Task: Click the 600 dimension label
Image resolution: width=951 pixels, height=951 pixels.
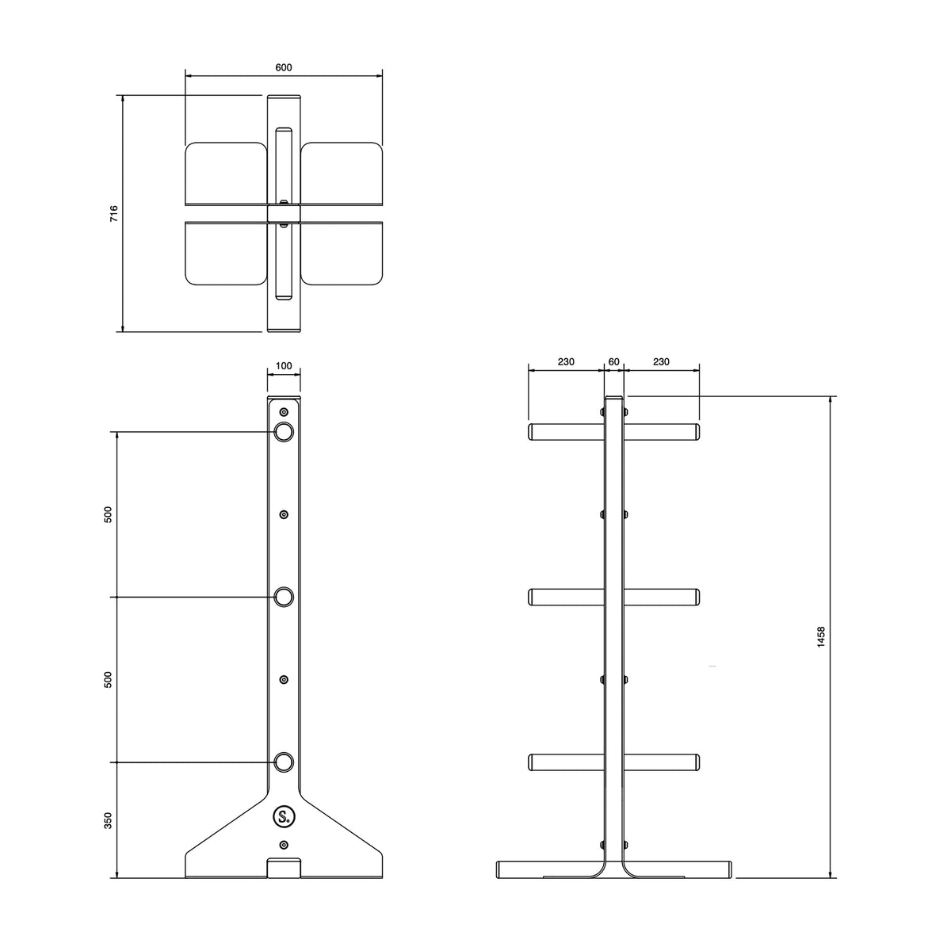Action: [x=284, y=67]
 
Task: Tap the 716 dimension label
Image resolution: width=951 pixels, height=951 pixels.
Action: [x=114, y=213]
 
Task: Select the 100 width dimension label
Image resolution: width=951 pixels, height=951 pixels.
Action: [x=284, y=366]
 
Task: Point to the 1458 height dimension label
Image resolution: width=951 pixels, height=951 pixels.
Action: [x=821, y=638]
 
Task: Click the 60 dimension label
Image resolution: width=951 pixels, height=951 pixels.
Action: [x=613, y=362]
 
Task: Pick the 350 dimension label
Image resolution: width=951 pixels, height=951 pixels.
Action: [x=109, y=820]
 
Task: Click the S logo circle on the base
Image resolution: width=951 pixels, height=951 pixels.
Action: [x=284, y=816]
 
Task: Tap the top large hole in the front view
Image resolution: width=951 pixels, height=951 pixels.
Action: [x=284, y=432]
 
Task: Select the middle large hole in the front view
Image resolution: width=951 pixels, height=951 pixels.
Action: [x=284, y=597]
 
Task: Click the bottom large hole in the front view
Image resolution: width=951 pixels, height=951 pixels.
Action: [x=284, y=762]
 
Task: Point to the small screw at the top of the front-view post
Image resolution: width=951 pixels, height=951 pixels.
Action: [x=284, y=412]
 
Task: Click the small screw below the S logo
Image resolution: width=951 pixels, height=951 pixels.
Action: [x=284, y=845]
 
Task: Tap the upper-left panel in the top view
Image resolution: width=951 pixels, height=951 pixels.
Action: [x=225, y=172]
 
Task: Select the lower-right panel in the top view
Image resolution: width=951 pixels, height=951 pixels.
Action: [x=342, y=254]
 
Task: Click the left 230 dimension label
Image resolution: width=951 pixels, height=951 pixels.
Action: [x=566, y=362]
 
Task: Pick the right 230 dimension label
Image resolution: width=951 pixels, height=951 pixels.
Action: [x=661, y=362]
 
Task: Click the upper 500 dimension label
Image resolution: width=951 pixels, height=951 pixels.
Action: [x=109, y=514]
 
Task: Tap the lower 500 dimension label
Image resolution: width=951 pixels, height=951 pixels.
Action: [x=109, y=679]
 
